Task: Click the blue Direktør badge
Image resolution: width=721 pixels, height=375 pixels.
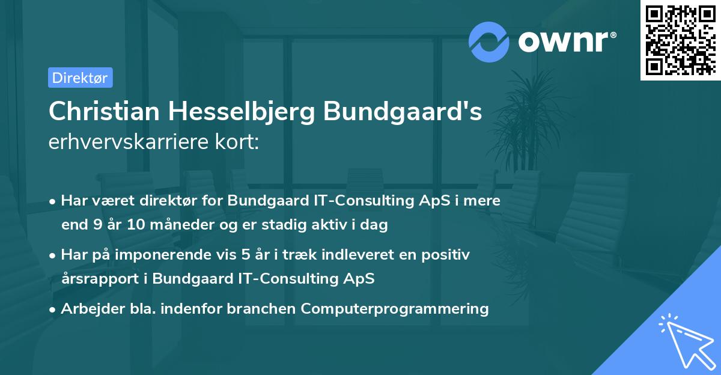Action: [81, 78]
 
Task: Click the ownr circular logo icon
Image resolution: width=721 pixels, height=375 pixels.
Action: [489, 41]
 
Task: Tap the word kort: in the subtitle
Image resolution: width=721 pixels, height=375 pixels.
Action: [239, 143]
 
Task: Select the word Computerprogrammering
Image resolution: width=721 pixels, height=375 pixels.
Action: [395, 309]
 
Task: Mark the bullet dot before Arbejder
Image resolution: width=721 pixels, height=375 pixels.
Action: [53, 309]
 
